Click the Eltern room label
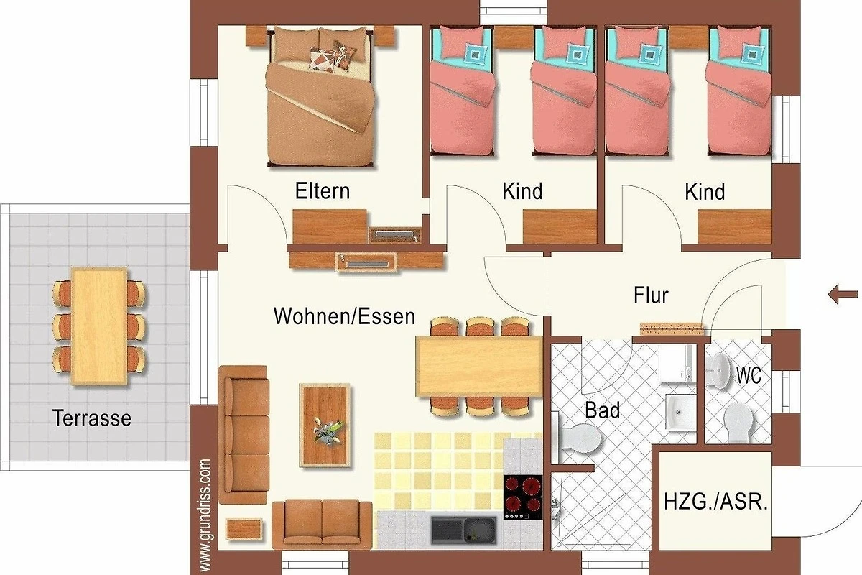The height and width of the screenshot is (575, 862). click(x=323, y=191)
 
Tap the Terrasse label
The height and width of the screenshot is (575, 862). click(x=92, y=418)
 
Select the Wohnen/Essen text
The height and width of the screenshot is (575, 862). click(x=344, y=316)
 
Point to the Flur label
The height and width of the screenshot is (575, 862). click(x=651, y=295)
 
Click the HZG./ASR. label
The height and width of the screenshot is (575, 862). click(x=715, y=502)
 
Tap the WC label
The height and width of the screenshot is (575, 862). click(x=749, y=374)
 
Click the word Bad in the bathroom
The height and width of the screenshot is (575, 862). click(x=602, y=410)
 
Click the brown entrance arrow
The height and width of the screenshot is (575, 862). click(x=843, y=295)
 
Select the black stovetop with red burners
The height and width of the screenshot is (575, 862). click(x=524, y=497)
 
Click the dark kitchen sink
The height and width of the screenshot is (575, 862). click(x=464, y=530)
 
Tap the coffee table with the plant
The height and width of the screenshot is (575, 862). click(x=325, y=425)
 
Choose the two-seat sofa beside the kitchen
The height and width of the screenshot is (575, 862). click(x=322, y=524)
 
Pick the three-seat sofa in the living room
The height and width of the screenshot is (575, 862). click(x=244, y=435)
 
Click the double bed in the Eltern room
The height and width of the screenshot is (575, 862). click(x=320, y=96)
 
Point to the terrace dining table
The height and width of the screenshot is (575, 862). click(x=99, y=326)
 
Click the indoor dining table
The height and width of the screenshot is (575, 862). click(x=479, y=366)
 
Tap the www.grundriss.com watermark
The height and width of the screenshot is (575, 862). click(x=205, y=515)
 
